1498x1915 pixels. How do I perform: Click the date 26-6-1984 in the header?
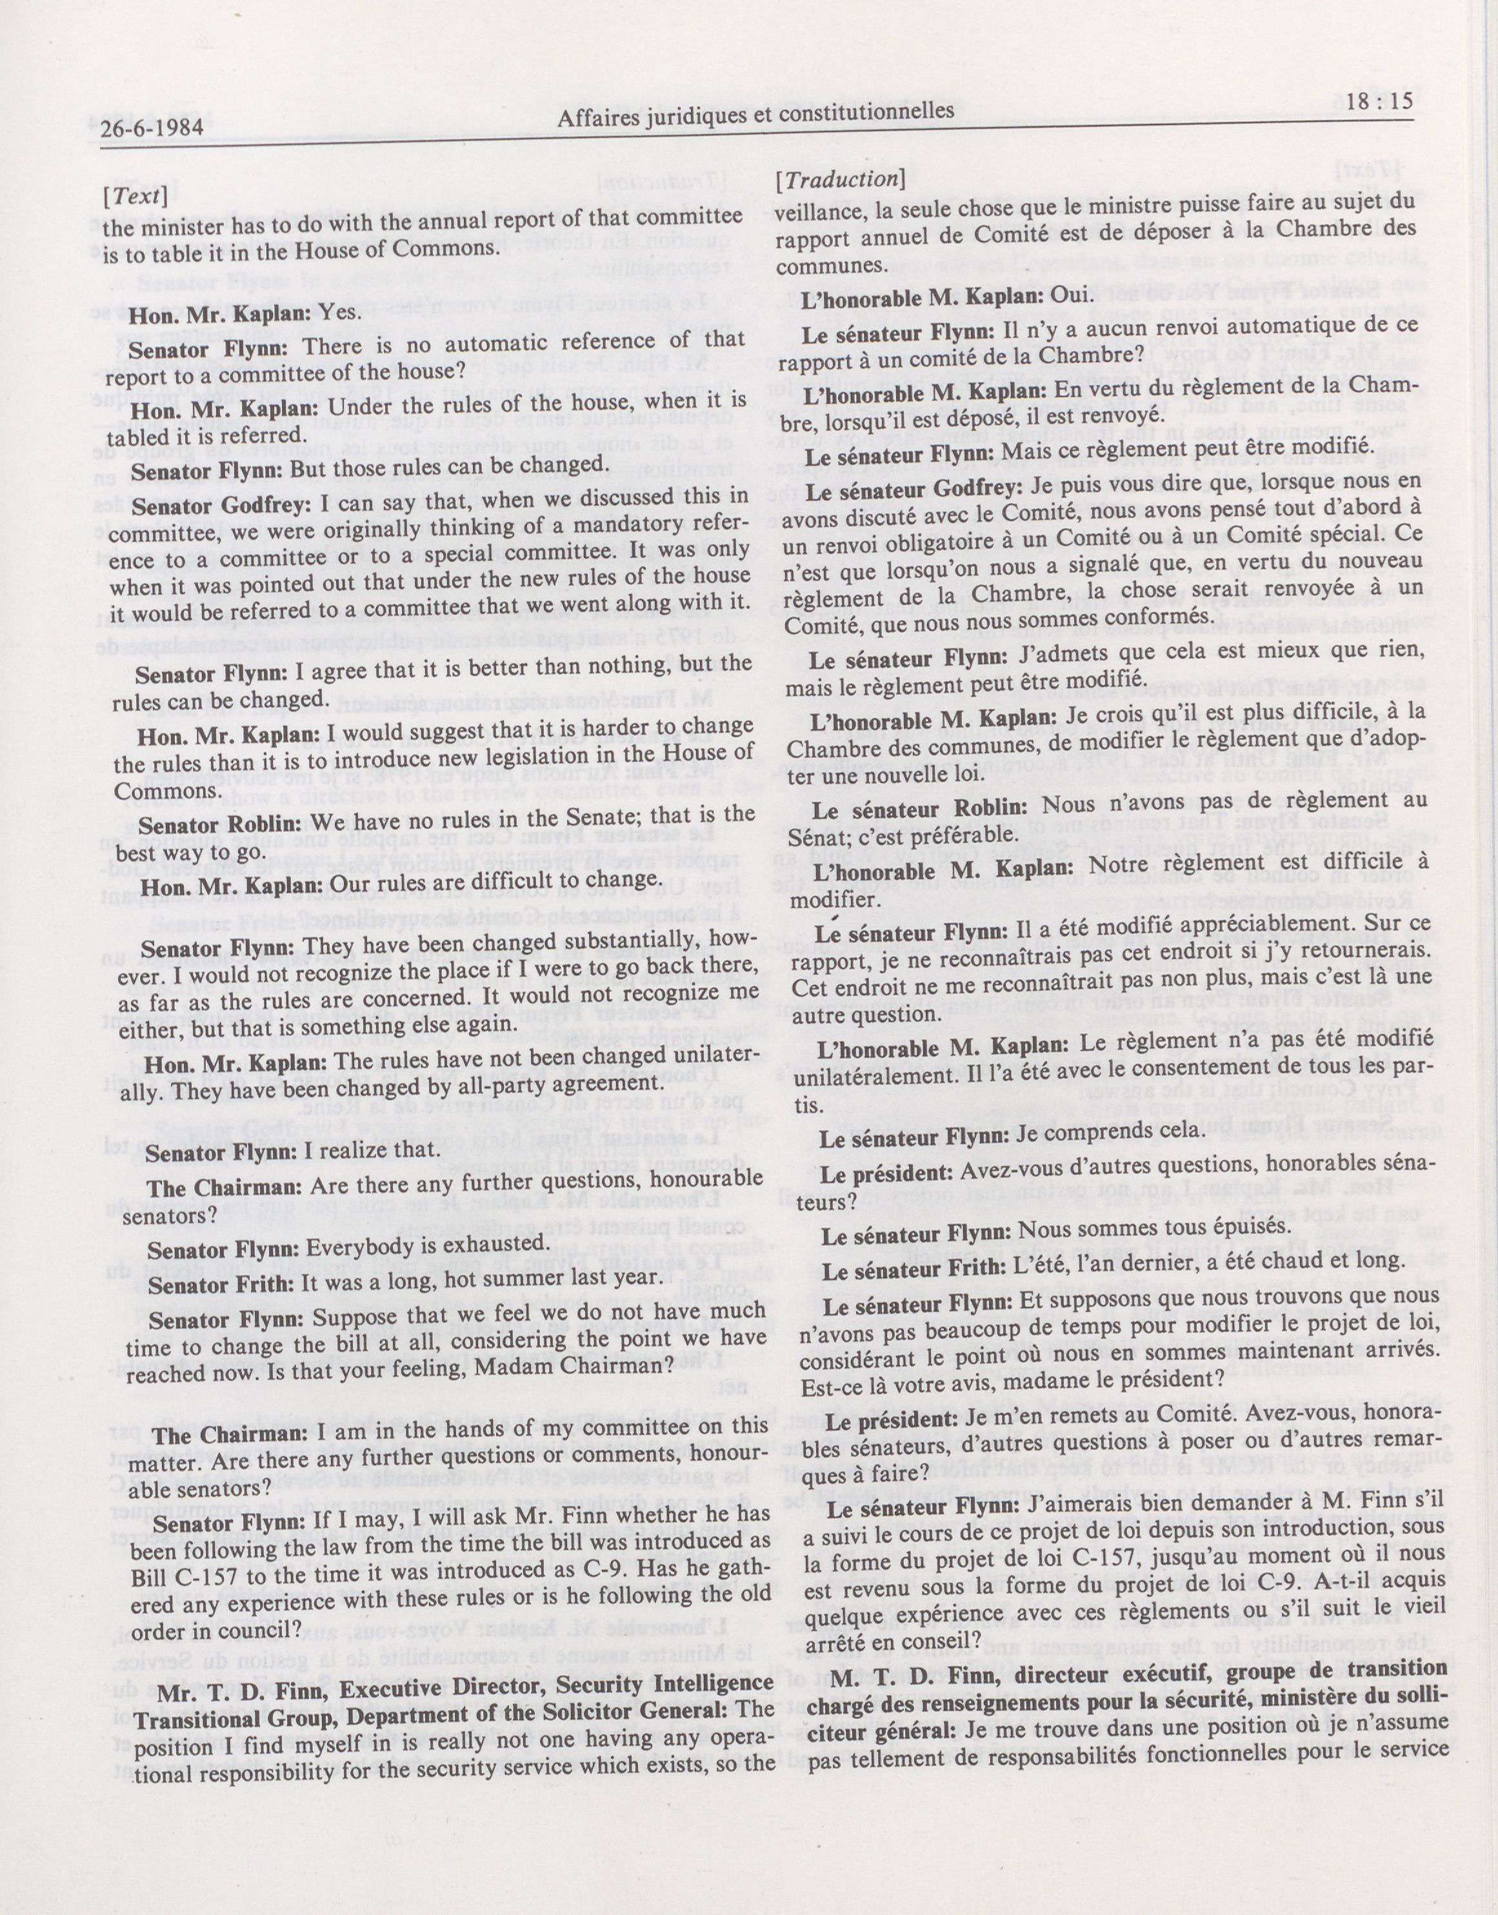click(x=153, y=128)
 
